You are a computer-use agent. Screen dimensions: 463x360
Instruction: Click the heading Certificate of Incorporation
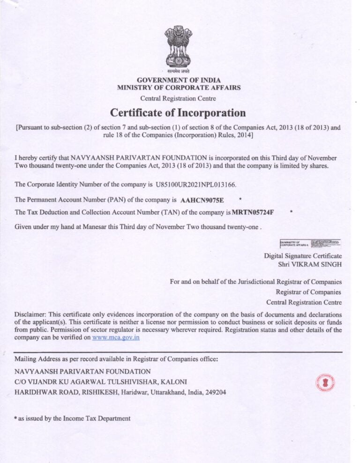point(178,113)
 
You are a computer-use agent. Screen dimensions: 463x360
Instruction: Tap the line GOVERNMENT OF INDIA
point(178,80)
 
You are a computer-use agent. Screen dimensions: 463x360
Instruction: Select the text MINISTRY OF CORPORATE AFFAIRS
point(179,88)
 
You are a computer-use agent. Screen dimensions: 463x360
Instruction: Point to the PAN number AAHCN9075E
point(202,200)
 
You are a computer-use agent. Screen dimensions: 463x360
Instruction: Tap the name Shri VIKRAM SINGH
point(310,264)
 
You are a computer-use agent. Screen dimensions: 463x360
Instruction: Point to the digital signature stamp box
point(310,243)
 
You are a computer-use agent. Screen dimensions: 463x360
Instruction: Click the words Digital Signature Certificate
point(303,256)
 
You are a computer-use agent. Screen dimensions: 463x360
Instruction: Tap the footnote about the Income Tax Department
point(73,418)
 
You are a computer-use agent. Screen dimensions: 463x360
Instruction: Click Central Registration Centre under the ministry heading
point(178,98)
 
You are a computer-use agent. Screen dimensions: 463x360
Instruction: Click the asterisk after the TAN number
point(291,212)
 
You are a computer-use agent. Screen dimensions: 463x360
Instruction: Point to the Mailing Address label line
point(116,359)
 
